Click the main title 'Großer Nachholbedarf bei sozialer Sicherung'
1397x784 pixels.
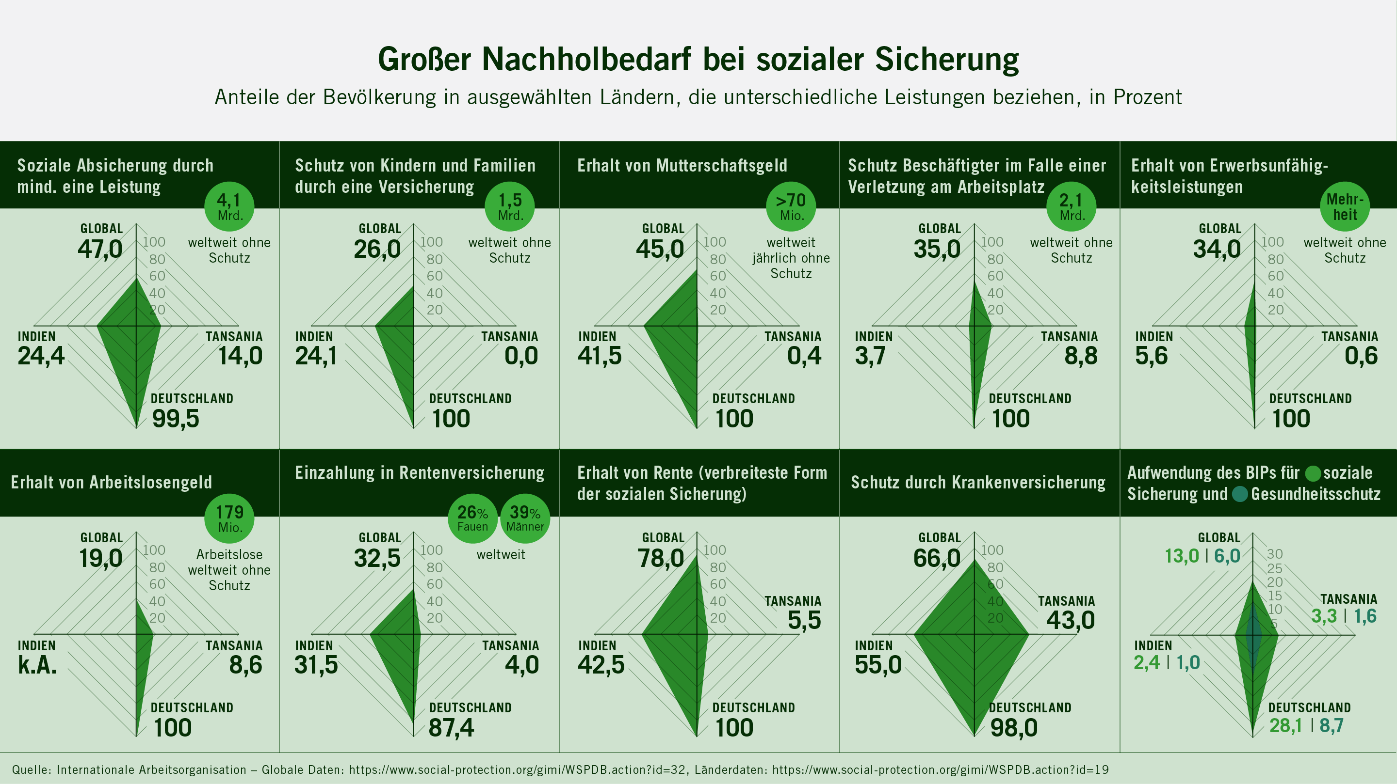pyautogui.click(x=698, y=59)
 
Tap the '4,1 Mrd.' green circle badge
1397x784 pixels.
pyautogui.click(x=229, y=206)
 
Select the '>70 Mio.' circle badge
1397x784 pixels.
pyautogui.click(x=791, y=206)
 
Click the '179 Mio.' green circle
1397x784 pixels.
pyautogui.click(x=229, y=518)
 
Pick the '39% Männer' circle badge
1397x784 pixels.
pyautogui.click(x=525, y=518)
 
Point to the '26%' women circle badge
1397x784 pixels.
pyautogui.click(x=472, y=518)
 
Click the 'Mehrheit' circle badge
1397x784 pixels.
pyautogui.click(x=1345, y=206)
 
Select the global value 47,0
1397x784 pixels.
pyautogui.click(x=100, y=249)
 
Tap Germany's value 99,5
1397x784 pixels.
pyautogui.click(x=175, y=418)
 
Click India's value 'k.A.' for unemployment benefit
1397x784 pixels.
pyautogui.click(x=37, y=665)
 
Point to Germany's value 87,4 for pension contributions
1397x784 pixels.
pyautogui.click(x=451, y=728)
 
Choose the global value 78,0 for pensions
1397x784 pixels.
pyautogui.click(x=661, y=558)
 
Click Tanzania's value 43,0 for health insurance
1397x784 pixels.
pyautogui.click(x=1070, y=620)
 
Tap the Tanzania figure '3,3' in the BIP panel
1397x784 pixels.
pyautogui.click(x=1324, y=616)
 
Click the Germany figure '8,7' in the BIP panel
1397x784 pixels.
pyautogui.click(x=1332, y=725)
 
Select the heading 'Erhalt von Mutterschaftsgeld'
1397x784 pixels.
pyautogui.click(x=682, y=165)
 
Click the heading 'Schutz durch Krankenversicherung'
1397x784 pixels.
pyautogui.click(x=978, y=482)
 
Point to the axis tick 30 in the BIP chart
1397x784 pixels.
pyautogui.click(x=1274, y=554)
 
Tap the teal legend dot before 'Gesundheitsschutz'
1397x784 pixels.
pyautogui.click(x=1240, y=494)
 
